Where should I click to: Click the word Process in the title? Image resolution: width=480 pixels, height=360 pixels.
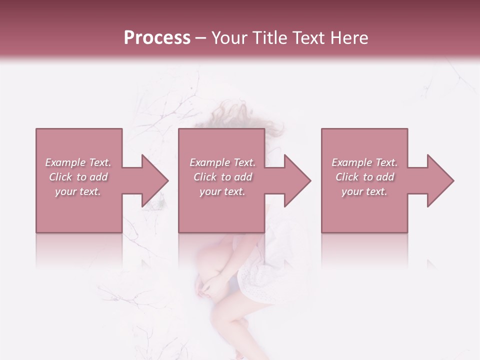(x=157, y=37)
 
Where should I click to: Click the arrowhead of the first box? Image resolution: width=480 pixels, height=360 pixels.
(x=154, y=180)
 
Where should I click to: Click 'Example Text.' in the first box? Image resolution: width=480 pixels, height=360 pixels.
(x=78, y=162)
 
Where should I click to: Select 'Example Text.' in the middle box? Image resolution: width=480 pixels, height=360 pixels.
(x=222, y=162)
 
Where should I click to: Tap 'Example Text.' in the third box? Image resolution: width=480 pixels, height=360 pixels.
(x=364, y=162)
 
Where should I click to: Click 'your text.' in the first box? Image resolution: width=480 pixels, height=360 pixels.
(x=78, y=191)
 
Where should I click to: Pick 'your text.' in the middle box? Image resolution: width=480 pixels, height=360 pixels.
(x=222, y=191)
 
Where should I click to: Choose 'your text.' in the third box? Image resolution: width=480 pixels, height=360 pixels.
(x=364, y=191)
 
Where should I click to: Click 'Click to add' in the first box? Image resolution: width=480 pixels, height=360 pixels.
(x=78, y=177)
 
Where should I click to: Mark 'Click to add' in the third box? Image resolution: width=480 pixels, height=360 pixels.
(x=364, y=177)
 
